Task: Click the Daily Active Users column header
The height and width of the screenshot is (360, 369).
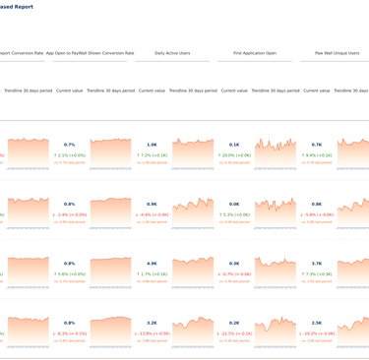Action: pyautogui.click(x=172, y=53)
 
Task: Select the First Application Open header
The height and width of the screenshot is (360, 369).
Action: pyautogui.click(x=255, y=53)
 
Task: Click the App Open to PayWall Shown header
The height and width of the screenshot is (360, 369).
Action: pyautogui.click(x=90, y=53)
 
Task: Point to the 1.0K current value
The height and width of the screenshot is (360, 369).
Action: pyautogui.click(x=152, y=145)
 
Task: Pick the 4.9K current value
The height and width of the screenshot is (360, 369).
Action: pyautogui.click(x=152, y=264)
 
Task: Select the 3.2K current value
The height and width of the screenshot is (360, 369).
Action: pyautogui.click(x=152, y=323)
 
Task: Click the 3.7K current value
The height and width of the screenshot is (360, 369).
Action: pyautogui.click(x=317, y=264)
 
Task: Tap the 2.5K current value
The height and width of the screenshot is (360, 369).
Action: pyautogui.click(x=317, y=323)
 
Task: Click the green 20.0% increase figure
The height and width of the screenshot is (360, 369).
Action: pyautogui.click(x=234, y=154)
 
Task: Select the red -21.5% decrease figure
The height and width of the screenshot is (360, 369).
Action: pyautogui.click(x=234, y=333)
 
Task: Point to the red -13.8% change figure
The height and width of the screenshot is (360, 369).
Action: pyautogui.click(x=152, y=333)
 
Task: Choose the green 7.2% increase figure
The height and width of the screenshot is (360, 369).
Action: pyautogui.click(x=152, y=154)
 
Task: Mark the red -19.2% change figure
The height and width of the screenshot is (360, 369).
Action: pyautogui.click(x=317, y=333)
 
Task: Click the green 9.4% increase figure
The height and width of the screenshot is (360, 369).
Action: pyautogui.click(x=317, y=154)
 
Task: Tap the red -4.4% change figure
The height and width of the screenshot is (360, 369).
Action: pyautogui.click(x=152, y=214)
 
